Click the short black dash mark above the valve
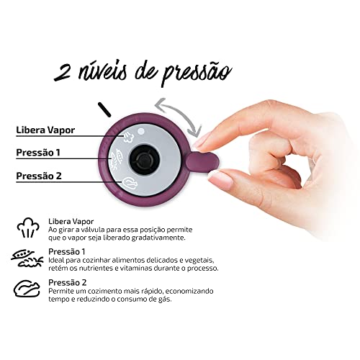pyautogui.click(x=104, y=109)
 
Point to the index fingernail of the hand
pyautogui.click(x=204, y=140)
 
